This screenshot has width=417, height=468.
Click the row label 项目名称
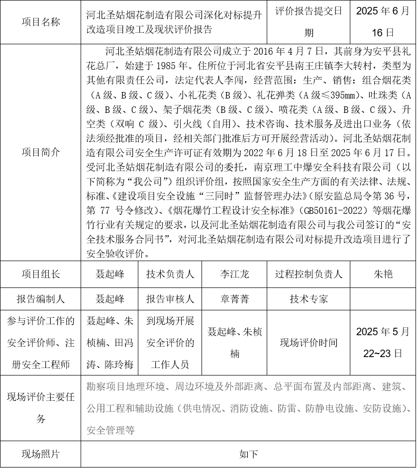click(41, 22)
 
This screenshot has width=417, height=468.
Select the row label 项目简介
click(41, 152)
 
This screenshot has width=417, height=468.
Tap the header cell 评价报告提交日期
click(309, 22)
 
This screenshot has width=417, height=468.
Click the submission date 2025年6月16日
click(383, 22)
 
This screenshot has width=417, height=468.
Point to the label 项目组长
click(41, 274)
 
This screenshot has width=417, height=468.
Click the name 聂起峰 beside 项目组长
click(110, 274)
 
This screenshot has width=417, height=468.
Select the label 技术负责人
click(170, 274)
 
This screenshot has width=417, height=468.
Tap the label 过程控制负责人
click(309, 274)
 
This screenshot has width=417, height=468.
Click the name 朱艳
click(383, 274)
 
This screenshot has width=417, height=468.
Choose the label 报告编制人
click(41, 299)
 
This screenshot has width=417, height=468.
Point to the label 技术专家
click(309, 299)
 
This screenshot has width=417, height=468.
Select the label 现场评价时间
click(309, 343)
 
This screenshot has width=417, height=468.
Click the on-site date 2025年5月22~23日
click(383, 343)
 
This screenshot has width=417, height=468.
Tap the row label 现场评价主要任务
click(41, 408)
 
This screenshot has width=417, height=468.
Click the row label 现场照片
click(41, 454)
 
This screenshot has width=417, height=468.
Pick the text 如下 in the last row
click(248, 454)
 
